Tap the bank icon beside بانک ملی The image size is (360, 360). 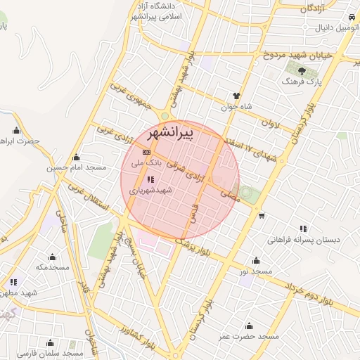146,152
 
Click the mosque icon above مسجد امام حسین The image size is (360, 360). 77,157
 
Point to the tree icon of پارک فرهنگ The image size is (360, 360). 302,71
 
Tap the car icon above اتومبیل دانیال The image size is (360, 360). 349,15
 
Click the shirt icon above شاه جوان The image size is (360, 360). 236,96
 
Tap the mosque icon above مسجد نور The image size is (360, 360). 256,260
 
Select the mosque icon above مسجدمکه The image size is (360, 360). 52,257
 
